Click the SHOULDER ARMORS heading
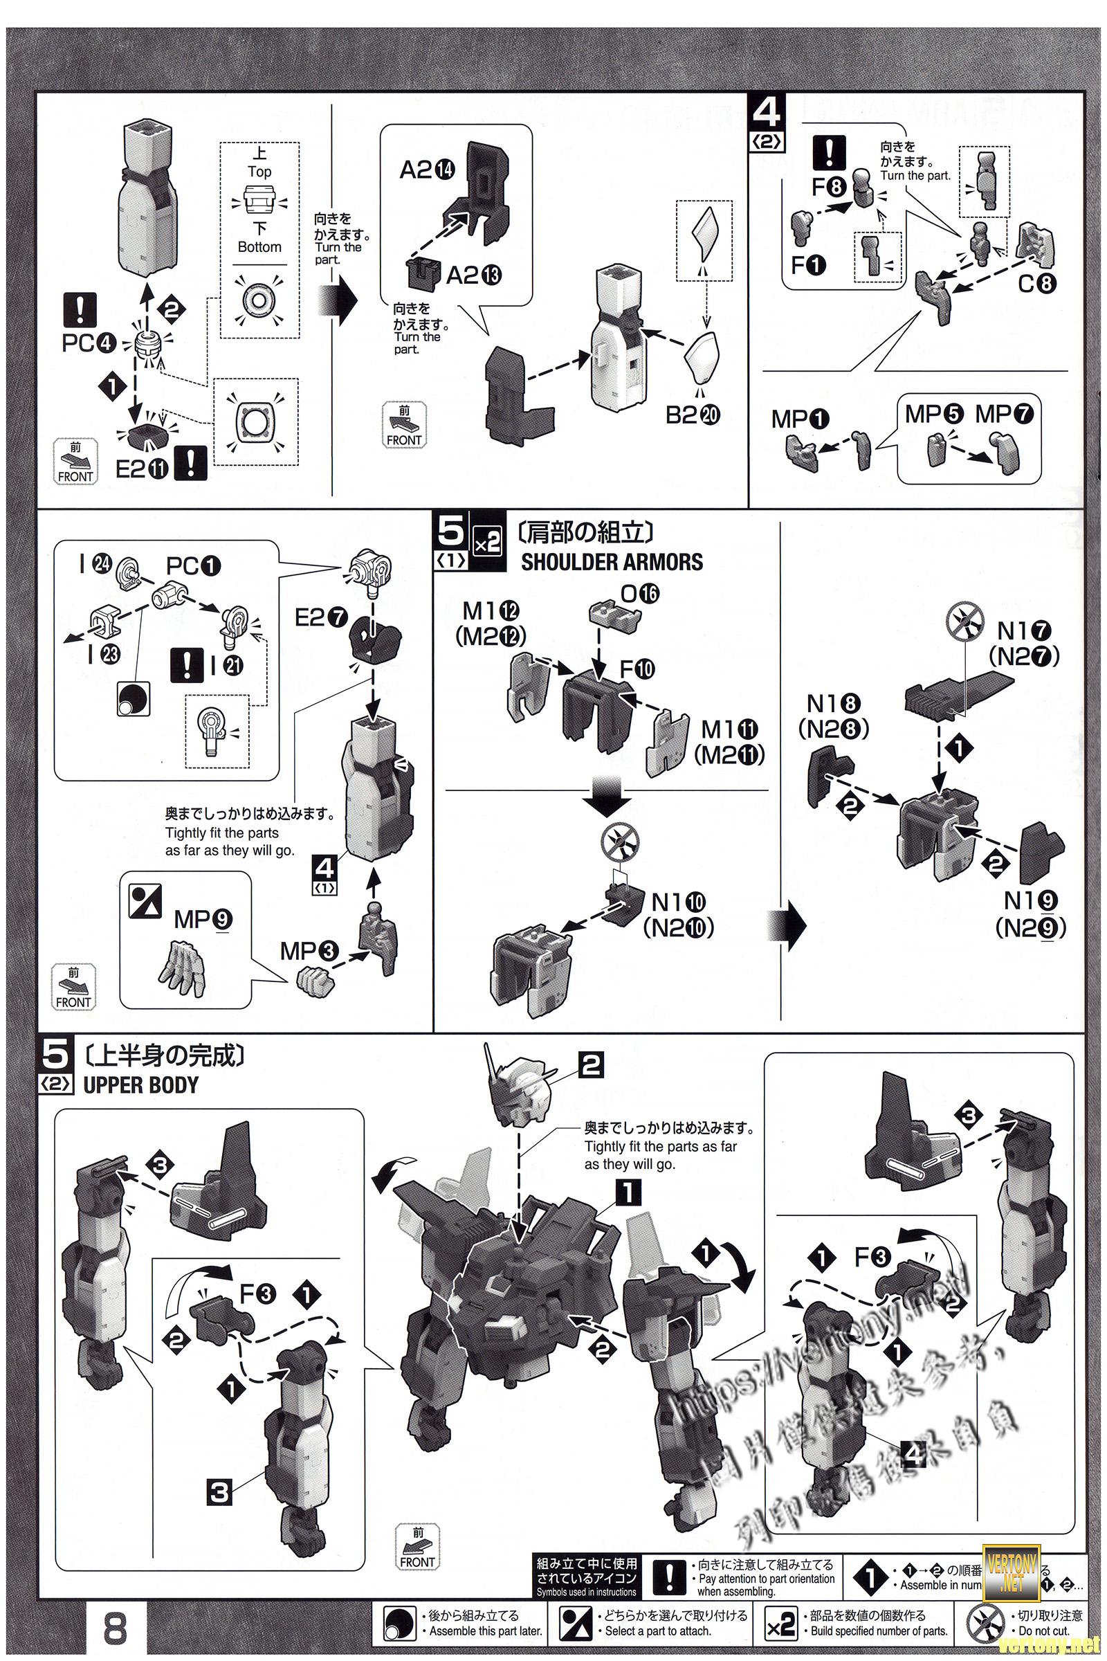click(x=612, y=562)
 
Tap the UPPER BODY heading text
click(x=140, y=1084)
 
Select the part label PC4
click(x=88, y=343)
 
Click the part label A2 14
click(x=428, y=170)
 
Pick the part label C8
click(x=1037, y=283)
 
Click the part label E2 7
click(x=321, y=617)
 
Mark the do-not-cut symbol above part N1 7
click(x=964, y=622)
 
